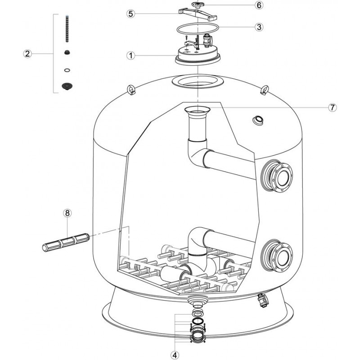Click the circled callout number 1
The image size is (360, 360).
[131, 56]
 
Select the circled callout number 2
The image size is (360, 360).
[27, 54]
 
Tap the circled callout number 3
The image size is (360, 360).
[258, 27]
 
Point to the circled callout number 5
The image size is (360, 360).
[131, 13]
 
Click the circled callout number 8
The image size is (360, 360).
[67, 213]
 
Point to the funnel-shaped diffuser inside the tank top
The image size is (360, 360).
[197, 110]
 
